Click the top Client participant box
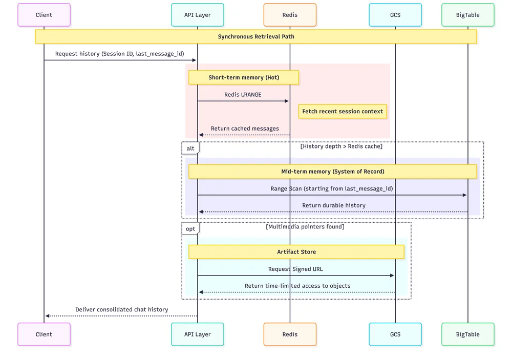[44, 15]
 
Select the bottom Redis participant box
[290, 334]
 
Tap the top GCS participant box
[395, 15]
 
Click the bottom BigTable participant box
[467, 334]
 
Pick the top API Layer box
[198, 15]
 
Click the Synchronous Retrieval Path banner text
[256, 37]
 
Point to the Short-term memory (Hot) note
[244, 78]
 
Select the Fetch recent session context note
[343, 112]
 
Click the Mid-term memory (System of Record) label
[332, 172]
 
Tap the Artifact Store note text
[296, 252]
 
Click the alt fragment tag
[190, 149]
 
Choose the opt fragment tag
[190, 228]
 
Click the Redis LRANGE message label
[243, 95]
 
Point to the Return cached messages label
[245, 129]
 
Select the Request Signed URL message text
[295, 269]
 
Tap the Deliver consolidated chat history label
[121, 310]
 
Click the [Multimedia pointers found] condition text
[305, 227]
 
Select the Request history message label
[119, 54]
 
